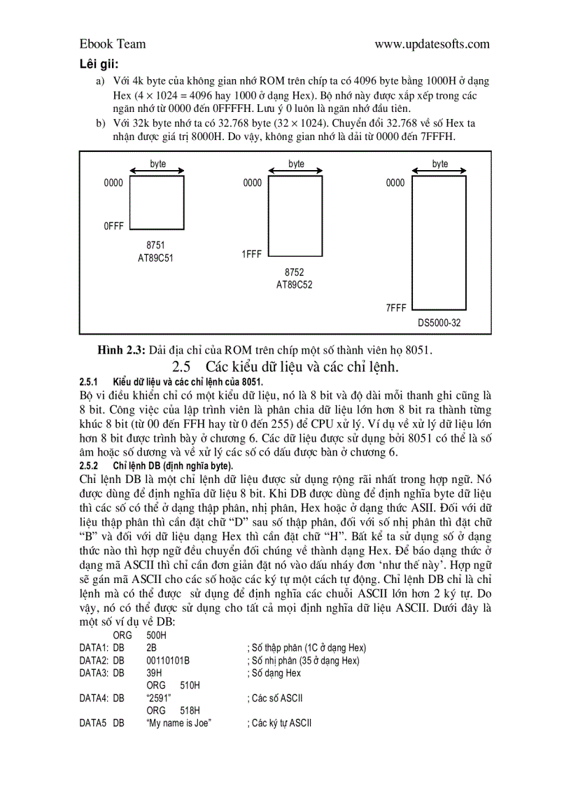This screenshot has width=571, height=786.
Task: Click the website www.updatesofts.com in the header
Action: pyautogui.click(x=432, y=44)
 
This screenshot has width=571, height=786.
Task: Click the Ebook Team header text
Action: pyautogui.click(x=113, y=44)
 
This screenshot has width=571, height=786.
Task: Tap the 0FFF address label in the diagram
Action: pyautogui.click(x=113, y=226)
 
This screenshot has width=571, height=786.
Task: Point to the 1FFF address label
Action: pyautogui.click(x=252, y=255)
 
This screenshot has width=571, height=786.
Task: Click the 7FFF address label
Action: pyautogui.click(x=395, y=308)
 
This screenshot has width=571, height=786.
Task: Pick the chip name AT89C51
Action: pyautogui.click(x=155, y=258)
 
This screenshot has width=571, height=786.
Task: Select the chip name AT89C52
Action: pyautogui.click(x=295, y=285)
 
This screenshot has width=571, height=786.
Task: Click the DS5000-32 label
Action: pyautogui.click(x=439, y=323)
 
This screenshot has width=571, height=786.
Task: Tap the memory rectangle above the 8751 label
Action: pyautogui.click(x=157, y=202)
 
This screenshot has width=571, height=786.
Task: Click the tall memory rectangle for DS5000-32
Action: pyautogui.click(x=439, y=244)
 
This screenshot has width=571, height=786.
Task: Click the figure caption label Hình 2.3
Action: pyautogui.click(x=122, y=349)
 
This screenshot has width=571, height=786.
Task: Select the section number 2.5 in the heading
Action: pyautogui.click(x=181, y=367)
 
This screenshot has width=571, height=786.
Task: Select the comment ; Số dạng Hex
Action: pyautogui.click(x=274, y=673)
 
